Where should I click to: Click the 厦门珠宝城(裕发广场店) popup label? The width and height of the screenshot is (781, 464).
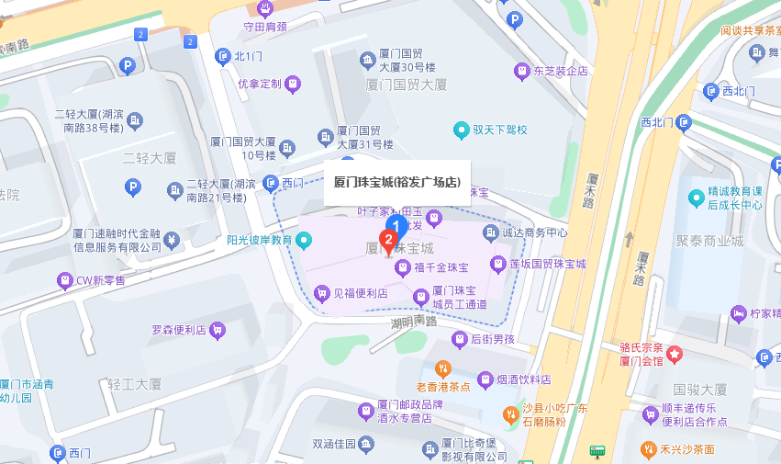396,182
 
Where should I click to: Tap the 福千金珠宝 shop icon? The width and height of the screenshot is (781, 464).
402,267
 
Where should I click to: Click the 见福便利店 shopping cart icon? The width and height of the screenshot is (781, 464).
321,293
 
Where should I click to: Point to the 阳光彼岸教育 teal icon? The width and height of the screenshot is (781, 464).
305,241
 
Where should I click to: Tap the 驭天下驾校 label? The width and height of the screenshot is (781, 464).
499,130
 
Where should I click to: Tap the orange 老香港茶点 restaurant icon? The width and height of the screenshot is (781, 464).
443,368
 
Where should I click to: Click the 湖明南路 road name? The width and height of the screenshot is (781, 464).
413,323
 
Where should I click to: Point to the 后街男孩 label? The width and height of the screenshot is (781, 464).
493,339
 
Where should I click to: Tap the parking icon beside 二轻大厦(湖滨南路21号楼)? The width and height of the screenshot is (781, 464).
133,188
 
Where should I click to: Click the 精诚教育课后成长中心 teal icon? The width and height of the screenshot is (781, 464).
697,198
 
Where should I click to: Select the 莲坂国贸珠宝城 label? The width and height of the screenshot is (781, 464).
549,264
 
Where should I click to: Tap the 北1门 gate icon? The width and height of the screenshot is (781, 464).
222,57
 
